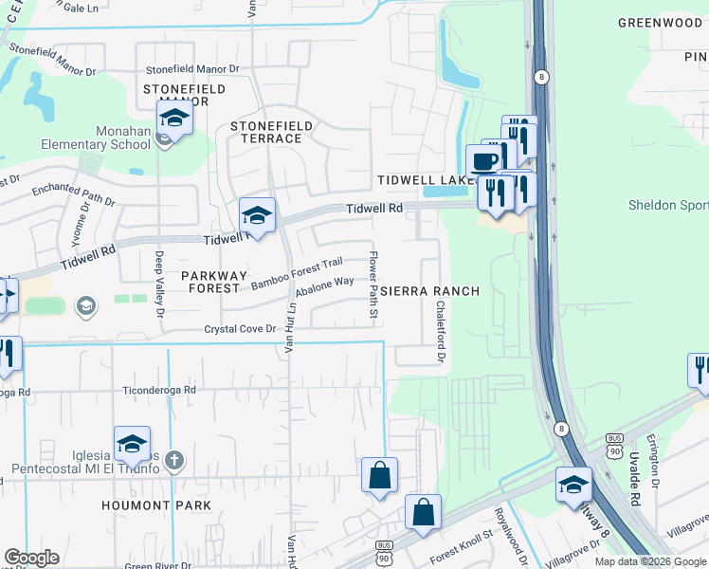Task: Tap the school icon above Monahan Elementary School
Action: pos(174,119)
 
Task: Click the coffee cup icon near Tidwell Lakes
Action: pos(483,159)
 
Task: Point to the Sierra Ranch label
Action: pos(431,291)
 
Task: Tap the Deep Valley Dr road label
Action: pos(160,284)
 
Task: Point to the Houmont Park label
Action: pos(156,505)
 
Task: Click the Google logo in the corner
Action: pos(31,558)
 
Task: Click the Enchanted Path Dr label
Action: pos(72,195)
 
